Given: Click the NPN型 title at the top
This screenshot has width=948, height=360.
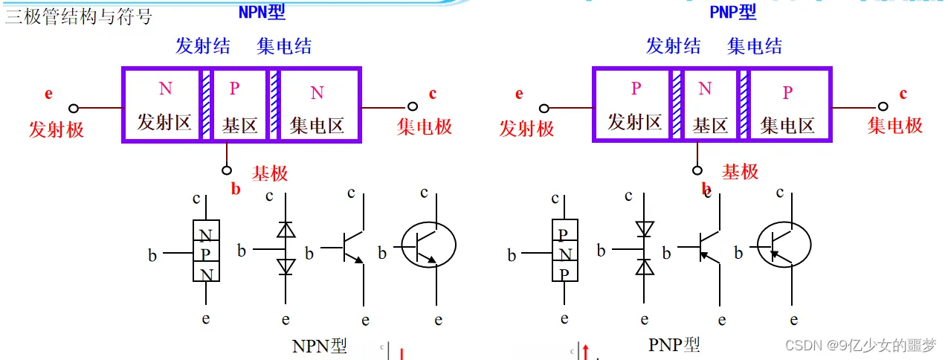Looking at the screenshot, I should (x=261, y=12).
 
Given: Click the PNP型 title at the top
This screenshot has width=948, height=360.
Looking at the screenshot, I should (x=732, y=12).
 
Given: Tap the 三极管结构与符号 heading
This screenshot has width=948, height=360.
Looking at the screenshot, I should (x=78, y=17).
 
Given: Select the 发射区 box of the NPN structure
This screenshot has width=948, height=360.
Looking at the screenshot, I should (x=164, y=105).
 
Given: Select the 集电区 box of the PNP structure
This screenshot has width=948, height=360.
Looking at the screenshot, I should (x=788, y=105).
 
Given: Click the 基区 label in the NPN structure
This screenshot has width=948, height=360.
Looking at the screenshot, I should (x=239, y=124).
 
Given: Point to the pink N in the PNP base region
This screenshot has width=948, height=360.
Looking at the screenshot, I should (x=705, y=89).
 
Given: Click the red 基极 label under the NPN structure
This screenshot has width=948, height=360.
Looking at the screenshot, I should (x=270, y=174).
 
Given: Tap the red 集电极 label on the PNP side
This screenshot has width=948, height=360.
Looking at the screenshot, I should (x=895, y=126).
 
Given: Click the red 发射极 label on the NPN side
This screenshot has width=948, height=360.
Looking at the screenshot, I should (x=57, y=129).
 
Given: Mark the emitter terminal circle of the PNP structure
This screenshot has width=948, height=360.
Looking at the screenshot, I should (x=544, y=109).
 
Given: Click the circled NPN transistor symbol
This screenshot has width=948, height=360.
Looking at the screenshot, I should (x=429, y=245).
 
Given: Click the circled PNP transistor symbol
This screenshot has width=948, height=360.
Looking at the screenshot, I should (x=784, y=245).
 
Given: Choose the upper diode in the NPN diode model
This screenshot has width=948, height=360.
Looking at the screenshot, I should (x=286, y=231).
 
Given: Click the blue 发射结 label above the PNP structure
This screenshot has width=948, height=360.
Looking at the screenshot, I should (x=673, y=46).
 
